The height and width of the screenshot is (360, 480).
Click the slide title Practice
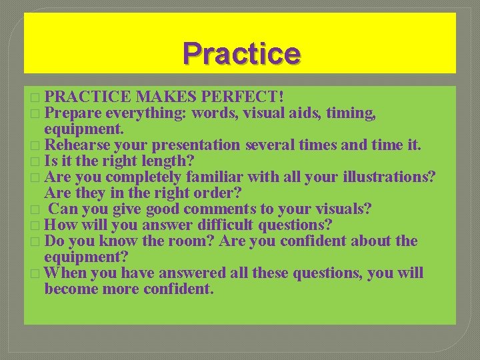coord(241,53)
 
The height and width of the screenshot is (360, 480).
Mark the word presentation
coord(196,145)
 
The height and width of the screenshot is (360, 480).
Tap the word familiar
coord(215,177)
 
